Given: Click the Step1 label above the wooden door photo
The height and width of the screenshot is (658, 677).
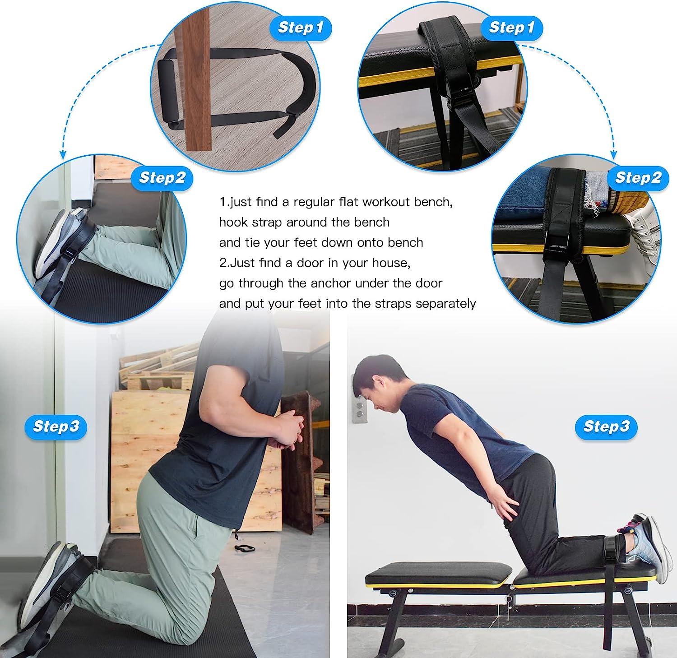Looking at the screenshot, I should pyautogui.click(x=301, y=28).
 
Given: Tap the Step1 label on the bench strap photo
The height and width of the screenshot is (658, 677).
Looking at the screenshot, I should pyautogui.click(x=512, y=28).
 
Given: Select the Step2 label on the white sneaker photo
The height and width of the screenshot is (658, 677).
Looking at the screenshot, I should pyautogui.click(x=638, y=177).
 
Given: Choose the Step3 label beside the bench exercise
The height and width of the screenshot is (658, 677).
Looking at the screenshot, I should pyautogui.click(x=606, y=426).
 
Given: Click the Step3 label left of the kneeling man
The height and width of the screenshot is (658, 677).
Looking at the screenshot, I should pyautogui.click(x=56, y=426).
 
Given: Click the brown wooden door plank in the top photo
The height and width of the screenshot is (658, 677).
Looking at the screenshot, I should pyautogui.click(x=198, y=77).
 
